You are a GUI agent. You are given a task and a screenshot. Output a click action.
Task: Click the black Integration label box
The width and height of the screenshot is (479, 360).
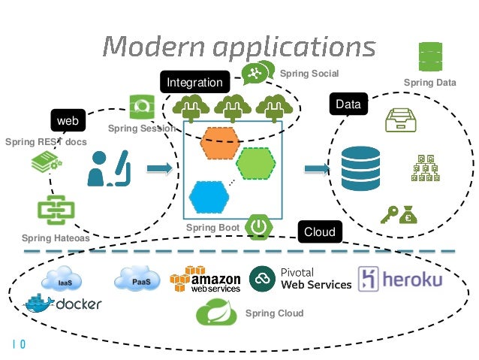[194, 82]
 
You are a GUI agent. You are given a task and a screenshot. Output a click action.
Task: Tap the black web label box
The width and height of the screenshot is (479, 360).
[68, 120]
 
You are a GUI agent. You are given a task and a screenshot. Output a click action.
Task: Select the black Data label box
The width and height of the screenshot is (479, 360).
[348, 105]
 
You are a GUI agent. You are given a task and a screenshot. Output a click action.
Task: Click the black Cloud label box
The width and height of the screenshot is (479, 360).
[319, 232]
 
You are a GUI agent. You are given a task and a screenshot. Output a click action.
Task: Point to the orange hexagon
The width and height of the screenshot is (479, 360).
[219, 144]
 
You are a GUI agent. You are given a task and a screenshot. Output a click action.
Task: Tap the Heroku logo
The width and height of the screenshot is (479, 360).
[400, 278]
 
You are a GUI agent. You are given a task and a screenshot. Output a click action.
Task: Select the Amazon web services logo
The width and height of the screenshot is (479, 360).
[205, 280]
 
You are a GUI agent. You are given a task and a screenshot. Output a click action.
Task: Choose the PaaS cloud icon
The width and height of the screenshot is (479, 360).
[136, 280]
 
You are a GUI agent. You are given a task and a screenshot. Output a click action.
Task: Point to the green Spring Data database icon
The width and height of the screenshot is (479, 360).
[430, 56]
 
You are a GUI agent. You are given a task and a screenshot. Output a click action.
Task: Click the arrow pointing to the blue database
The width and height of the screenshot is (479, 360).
[316, 169]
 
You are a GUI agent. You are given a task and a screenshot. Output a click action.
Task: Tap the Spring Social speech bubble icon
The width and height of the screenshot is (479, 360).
[257, 73]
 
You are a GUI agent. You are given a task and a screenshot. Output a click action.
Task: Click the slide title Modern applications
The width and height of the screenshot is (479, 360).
[239, 47]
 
